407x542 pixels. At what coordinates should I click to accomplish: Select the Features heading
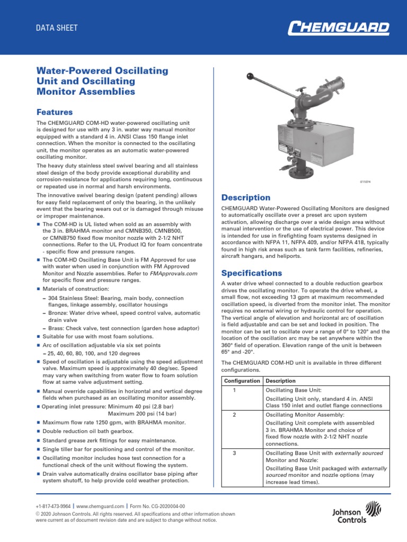point(54,112)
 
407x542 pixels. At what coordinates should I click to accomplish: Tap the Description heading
point(245,197)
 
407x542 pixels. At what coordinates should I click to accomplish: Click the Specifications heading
point(251,273)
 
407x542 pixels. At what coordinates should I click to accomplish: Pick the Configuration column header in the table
point(242,381)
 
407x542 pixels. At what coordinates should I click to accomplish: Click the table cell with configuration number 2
point(234,414)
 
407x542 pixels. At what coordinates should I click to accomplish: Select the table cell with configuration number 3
point(234,453)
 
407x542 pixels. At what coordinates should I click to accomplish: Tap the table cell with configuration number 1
point(234,390)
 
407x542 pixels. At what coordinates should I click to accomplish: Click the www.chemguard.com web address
point(100,507)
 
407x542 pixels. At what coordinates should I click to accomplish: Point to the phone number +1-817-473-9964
point(53,507)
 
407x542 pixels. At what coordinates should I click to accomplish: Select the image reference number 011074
point(366,182)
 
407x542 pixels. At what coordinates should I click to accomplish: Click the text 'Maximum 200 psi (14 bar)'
point(142,413)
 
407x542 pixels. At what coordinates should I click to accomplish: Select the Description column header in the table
point(281,381)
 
